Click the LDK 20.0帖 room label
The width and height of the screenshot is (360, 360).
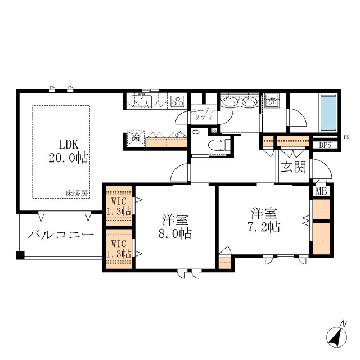[67, 150]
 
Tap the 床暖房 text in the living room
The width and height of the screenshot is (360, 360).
[76, 193]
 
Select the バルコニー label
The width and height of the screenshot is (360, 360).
[61, 235]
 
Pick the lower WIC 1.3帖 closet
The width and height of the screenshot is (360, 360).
[119, 249]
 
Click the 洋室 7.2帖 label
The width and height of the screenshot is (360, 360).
[264, 220]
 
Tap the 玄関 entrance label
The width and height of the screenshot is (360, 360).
[294, 166]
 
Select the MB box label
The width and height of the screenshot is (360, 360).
[321, 191]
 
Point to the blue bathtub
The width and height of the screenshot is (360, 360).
[328, 112]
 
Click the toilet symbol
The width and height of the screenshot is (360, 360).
[216, 145]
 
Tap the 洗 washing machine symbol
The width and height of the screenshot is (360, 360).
[272, 102]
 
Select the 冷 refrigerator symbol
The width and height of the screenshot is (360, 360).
[136, 137]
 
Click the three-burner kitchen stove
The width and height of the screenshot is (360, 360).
[178, 102]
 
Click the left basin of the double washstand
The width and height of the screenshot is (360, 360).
[231, 102]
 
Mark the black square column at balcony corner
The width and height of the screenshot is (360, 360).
[20, 255]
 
